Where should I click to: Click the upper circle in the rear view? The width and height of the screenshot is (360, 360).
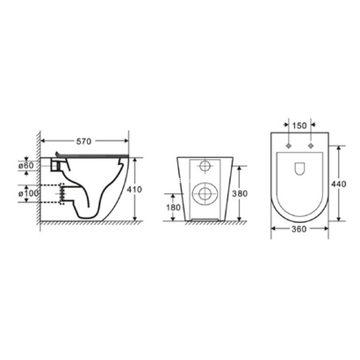pyautogui.click(x=206, y=166)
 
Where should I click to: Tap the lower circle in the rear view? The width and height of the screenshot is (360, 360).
pyautogui.click(x=205, y=195)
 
